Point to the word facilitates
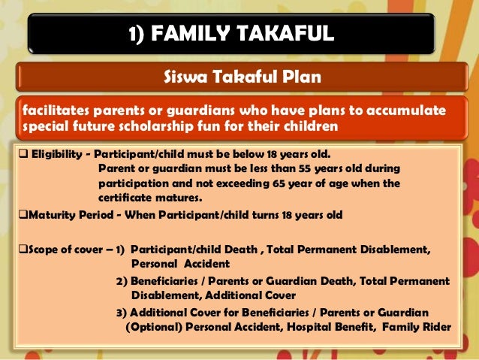[x=51, y=111]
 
